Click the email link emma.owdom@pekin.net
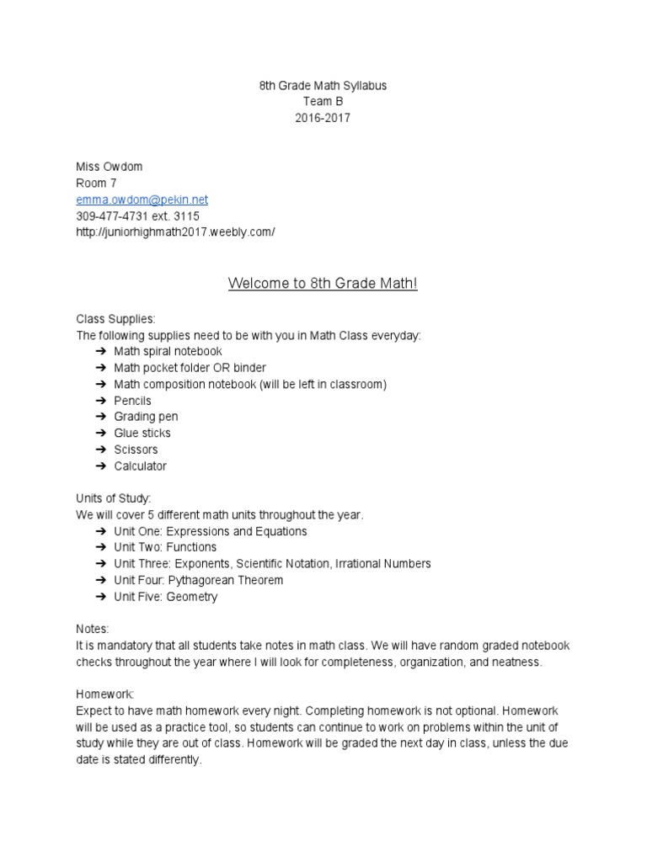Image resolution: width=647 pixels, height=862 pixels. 142,200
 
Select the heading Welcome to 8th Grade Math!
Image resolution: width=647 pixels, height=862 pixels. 323,284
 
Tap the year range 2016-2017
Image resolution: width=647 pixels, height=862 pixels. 323,118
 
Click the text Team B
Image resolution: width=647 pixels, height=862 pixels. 323,102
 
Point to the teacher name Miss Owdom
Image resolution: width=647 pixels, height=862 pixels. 110,167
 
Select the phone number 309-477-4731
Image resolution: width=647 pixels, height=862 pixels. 112,215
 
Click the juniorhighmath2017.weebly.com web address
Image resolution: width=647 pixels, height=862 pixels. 175,231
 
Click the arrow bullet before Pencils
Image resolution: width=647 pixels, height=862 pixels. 99,401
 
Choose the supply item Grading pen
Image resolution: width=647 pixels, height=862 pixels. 146,417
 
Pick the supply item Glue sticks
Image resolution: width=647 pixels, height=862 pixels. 142,433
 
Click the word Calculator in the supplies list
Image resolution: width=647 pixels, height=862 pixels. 141,466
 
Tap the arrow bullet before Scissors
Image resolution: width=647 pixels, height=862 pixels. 99,450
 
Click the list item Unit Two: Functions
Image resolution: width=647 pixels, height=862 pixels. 165,547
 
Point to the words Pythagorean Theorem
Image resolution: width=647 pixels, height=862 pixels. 226,580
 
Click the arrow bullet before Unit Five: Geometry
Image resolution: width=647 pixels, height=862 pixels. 99,597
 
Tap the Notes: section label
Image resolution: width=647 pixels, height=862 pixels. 93,629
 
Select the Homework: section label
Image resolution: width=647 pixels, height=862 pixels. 105,694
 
